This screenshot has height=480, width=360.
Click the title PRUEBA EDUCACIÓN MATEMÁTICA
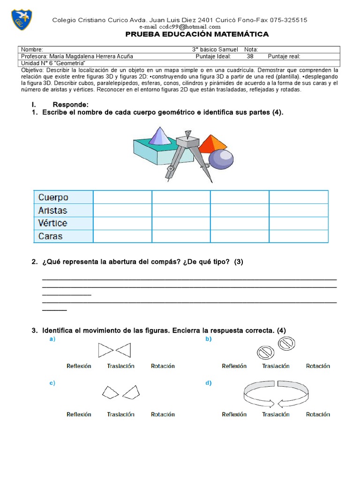click(x=197, y=34)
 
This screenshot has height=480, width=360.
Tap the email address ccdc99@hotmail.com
click(x=183, y=27)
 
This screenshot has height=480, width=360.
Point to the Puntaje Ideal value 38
click(x=250, y=56)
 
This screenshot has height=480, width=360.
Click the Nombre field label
click(x=32, y=50)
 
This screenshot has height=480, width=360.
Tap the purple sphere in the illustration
click(x=220, y=159)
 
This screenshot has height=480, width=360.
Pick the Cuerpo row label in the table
click(x=53, y=197)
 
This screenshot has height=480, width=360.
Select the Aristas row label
click(x=52, y=210)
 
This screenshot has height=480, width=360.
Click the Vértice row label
click(x=52, y=223)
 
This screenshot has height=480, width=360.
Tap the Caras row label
click(x=51, y=236)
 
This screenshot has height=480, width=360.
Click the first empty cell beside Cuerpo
click(x=122, y=197)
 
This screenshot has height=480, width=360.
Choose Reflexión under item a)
click(x=79, y=366)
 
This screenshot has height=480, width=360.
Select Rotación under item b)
click(x=318, y=366)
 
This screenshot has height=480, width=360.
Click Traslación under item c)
click(x=120, y=414)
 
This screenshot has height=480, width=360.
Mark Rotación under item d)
click(x=318, y=414)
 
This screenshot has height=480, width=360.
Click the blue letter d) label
click(x=209, y=383)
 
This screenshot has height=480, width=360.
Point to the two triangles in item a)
click(x=114, y=350)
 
